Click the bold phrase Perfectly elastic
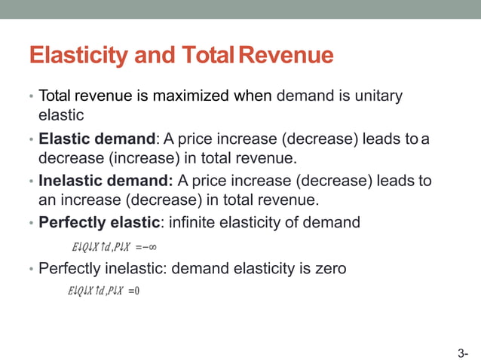click(x=99, y=223)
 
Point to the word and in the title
click(x=152, y=56)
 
